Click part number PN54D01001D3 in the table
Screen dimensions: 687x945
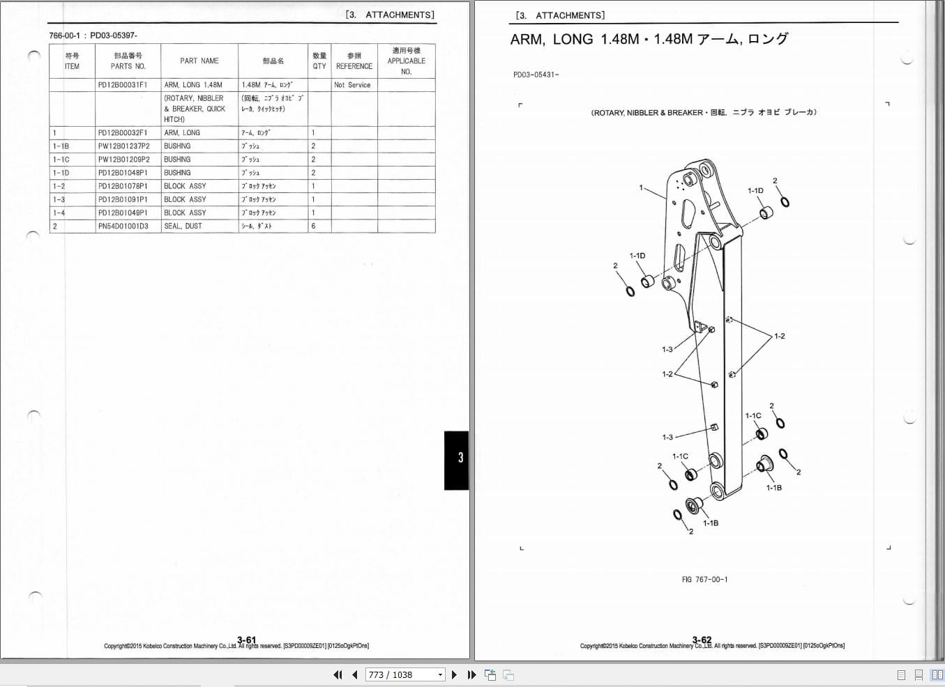[123, 226]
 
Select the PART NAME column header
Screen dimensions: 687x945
[199, 61]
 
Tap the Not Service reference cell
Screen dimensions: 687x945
[352, 85]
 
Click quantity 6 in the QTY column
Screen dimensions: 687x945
[313, 226]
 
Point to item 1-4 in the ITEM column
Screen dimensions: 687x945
[59, 213]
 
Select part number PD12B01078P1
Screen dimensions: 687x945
[123, 187]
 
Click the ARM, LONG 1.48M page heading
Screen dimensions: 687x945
[649, 40]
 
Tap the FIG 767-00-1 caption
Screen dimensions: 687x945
[704, 580]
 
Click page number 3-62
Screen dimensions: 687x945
[702, 640]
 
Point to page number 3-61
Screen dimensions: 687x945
[246, 640]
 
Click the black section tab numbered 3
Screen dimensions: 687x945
[457, 459]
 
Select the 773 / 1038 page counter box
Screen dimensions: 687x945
[405, 674]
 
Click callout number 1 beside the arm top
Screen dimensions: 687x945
[641, 187]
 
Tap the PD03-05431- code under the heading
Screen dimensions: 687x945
[536, 75]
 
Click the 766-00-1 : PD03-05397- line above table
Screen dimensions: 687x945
[93, 36]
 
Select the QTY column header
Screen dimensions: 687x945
[319, 61]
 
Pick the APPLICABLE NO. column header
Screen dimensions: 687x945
[406, 61]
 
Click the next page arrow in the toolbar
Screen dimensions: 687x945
[455, 674]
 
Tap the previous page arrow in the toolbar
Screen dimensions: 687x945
[354, 674]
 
